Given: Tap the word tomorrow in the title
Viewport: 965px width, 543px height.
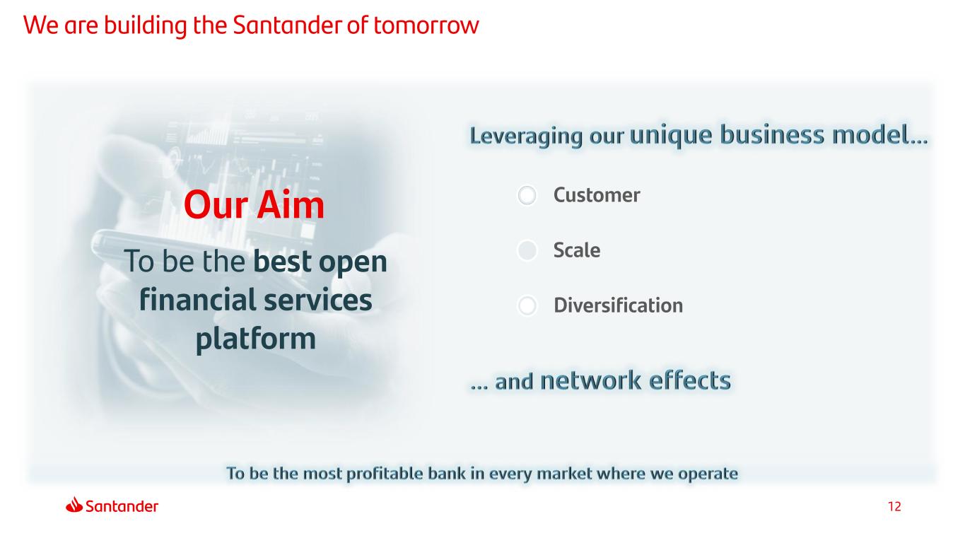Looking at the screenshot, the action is [x=426, y=25].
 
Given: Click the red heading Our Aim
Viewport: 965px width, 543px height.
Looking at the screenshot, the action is [x=254, y=205].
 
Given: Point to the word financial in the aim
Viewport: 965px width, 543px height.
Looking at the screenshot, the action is [x=198, y=299].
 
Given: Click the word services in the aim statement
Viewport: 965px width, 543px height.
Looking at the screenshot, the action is [x=318, y=300].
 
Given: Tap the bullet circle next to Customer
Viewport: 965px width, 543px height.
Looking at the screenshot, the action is [x=527, y=195].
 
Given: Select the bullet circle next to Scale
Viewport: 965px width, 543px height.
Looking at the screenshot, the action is [x=527, y=250].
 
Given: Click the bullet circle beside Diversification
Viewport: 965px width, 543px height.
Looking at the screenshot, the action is [x=527, y=305].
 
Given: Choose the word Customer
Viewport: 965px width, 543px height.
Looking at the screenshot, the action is [x=597, y=195].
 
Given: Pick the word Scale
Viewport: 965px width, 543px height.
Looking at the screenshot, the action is [x=577, y=250].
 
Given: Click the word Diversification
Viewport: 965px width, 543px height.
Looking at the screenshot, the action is [x=618, y=305].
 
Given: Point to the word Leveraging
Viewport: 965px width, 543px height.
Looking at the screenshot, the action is [x=525, y=136].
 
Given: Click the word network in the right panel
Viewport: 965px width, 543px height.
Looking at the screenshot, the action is [x=590, y=380].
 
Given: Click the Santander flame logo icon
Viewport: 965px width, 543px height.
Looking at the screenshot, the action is [x=74, y=505].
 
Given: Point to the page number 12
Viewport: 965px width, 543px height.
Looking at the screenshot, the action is [x=894, y=506].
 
